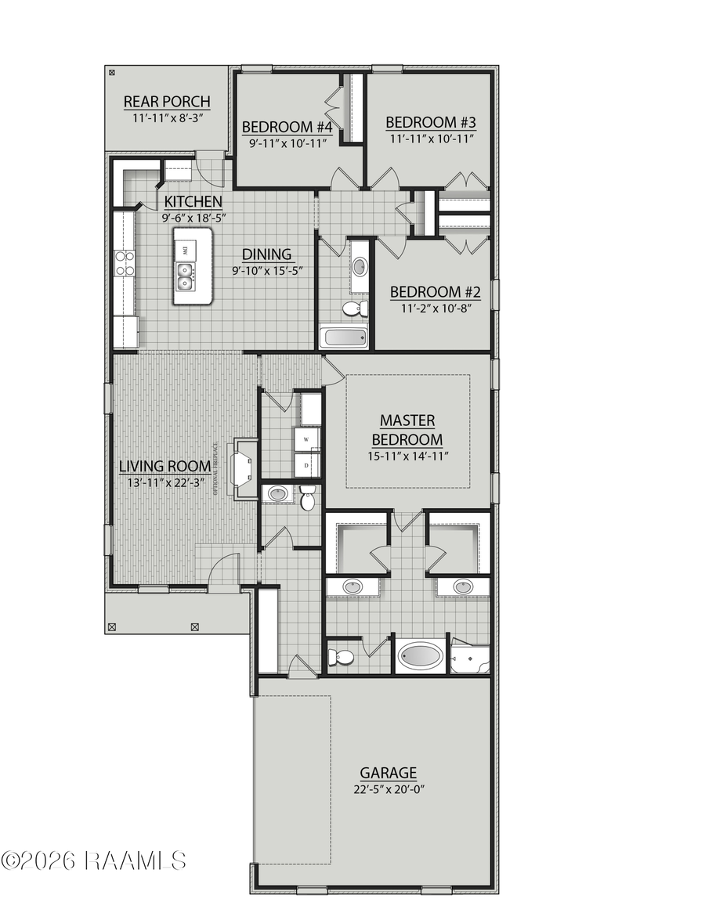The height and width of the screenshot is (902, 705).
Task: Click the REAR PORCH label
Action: (x=167, y=102)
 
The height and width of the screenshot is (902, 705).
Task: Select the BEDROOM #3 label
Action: (x=431, y=122)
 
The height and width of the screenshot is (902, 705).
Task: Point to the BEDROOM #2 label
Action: (x=435, y=292)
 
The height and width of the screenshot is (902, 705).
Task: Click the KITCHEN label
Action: (x=187, y=202)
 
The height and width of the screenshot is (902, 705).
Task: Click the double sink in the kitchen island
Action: (x=186, y=276)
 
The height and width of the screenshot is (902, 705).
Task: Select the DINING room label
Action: (x=266, y=254)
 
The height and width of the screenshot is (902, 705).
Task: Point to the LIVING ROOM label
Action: (x=164, y=467)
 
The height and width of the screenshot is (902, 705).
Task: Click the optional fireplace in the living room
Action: (x=240, y=470)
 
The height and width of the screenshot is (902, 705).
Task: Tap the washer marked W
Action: (x=306, y=439)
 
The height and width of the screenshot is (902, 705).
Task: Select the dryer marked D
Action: (x=306, y=464)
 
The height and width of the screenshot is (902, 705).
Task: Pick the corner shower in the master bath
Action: (x=471, y=658)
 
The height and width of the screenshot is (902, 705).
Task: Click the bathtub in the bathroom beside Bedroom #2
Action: (x=343, y=337)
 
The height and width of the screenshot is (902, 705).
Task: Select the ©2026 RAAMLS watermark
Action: (x=94, y=861)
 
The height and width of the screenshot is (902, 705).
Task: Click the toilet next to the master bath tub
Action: (x=341, y=656)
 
